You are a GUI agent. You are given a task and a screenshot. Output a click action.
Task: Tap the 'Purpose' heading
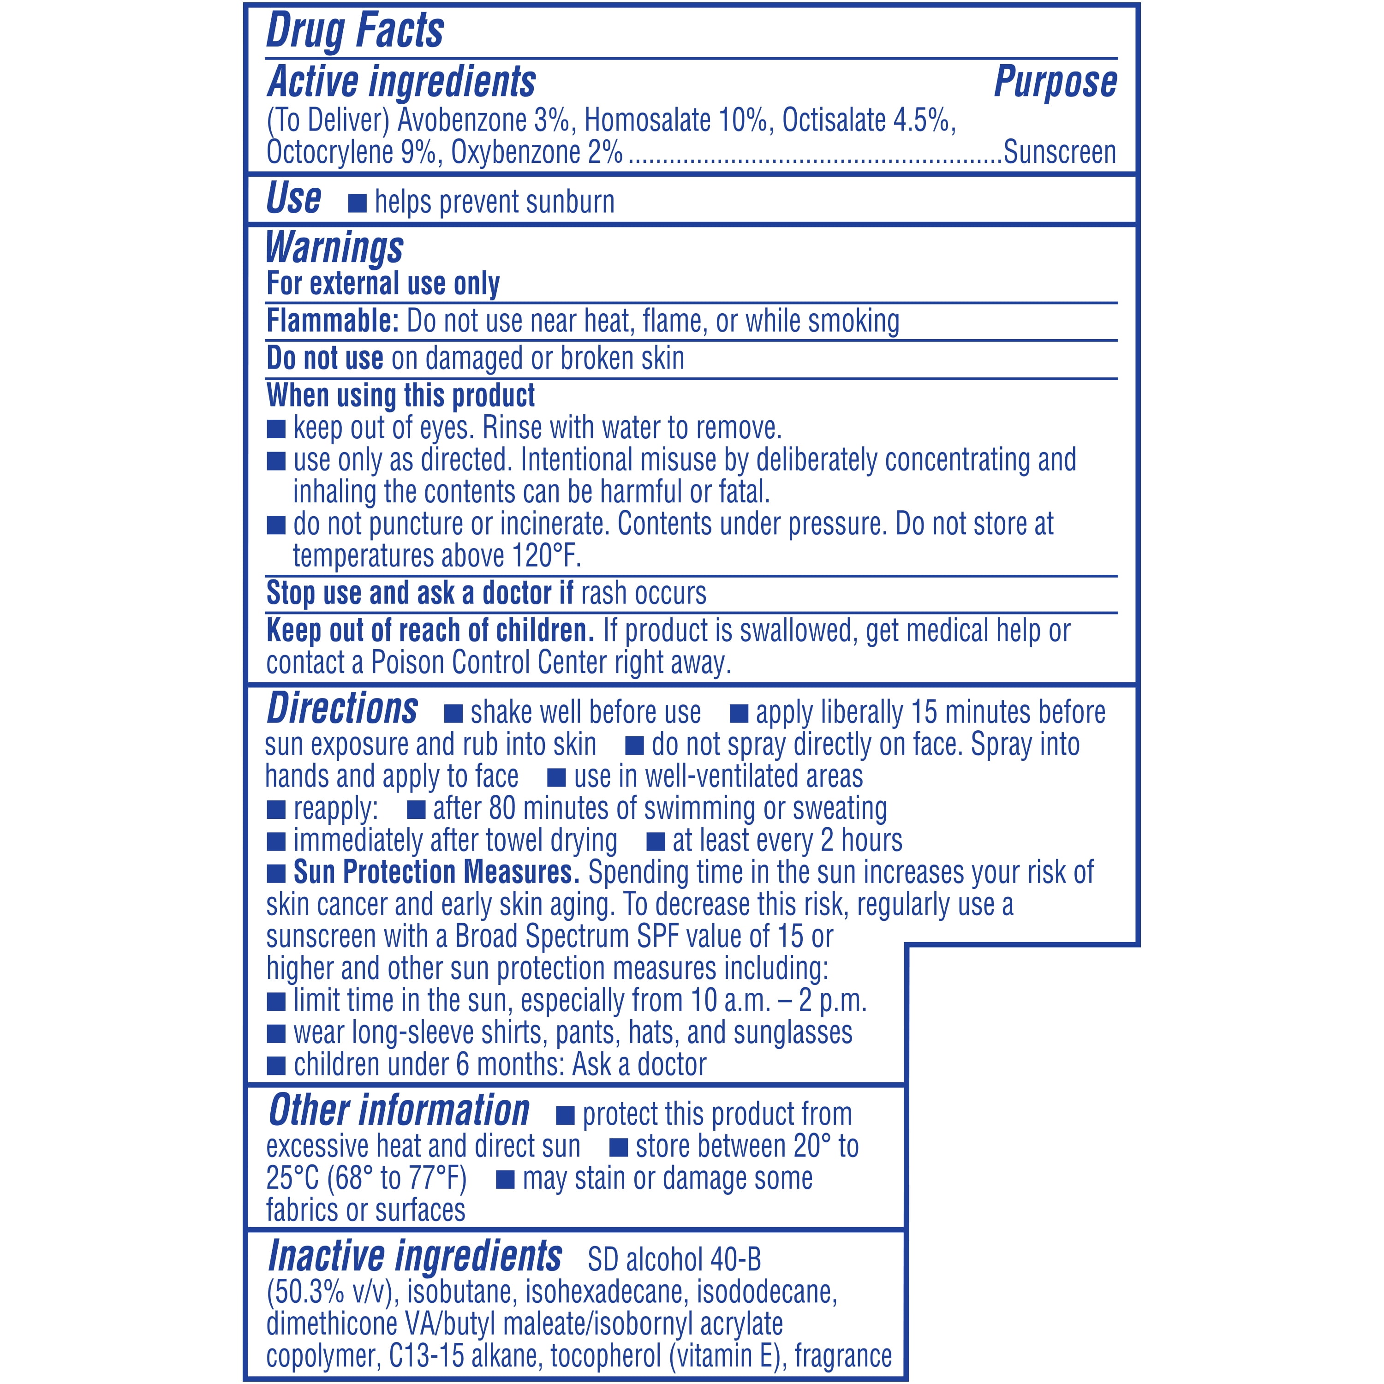click(1055, 82)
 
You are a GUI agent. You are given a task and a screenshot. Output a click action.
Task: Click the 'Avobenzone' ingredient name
click(462, 120)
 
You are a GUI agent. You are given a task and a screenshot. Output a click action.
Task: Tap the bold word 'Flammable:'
click(332, 321)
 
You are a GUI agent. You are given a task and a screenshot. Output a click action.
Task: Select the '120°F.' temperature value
click(547, 556)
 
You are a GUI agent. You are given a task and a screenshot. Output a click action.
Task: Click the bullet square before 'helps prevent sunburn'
click(357, 203)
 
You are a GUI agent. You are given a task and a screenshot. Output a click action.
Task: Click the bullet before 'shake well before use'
click(453, 714)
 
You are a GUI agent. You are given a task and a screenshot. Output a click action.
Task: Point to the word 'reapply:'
click(335, 809)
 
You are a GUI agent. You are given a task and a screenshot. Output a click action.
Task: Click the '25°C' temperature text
click(292, 1178)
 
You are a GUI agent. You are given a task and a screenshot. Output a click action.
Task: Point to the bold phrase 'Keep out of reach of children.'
click(430, 630)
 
